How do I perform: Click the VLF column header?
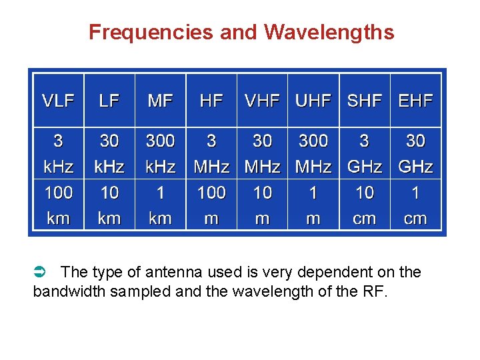pyautogui.click(x=59, y=101)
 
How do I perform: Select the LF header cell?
pyautogui.click(x=109, y=101)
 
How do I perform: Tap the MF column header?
pyautogui.click(x=160, y=101)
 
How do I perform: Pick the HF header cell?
pyautogui.click(x=211, y=101)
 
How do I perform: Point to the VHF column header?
pyautogui.click(x=262, y=101)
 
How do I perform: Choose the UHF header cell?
pyautogui.click(x=313, y=101)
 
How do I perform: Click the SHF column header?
pyautogui.click(x=364, y=101)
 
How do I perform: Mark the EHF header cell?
pyautogui.click(x=415, y=101)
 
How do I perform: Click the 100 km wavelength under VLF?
pyautogui.click(x=59, y=205)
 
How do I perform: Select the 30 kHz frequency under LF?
pyautogui.click(x=109, y=153)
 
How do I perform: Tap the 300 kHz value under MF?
pyautogui.click(x=160, y=153)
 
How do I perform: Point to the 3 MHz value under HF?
pyautogui.click(x=211, y=153)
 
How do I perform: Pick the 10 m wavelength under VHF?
pyautogui.click(x=262, y=205)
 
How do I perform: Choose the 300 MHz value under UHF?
pyautogui.click(x=313, y=153)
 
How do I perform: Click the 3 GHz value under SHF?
pyautogui.click(x=364, y=153)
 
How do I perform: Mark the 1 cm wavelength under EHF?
pyautogui.click(x=415, y=205)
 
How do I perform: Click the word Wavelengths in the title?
pyautogui.click(x=329, y=32)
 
